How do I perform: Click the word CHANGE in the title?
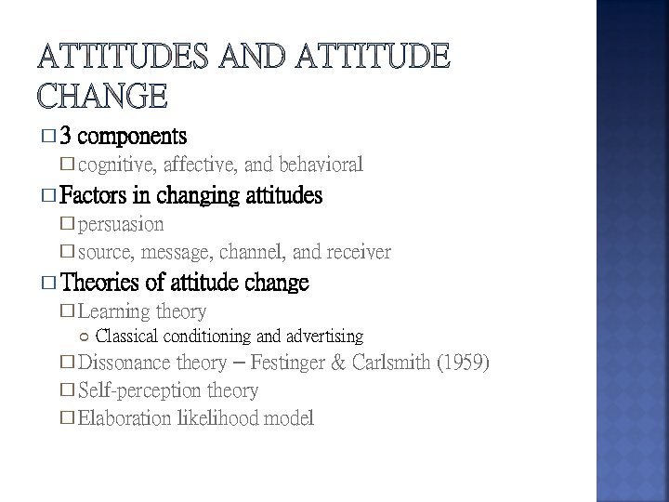click(102, 95)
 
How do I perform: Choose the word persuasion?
click(121, 224)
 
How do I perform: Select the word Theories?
click(103, 282)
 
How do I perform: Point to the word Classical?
click(126, 336)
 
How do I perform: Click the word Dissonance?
click(125, 363)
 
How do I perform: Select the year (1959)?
click(466, 363)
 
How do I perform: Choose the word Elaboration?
click(124, 418)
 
